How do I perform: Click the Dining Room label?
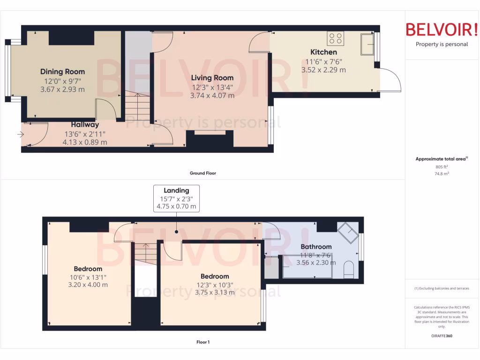point(62,72)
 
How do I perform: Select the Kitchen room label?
point(323,52)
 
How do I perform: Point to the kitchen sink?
point(367,44)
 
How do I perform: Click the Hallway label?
point(85,125)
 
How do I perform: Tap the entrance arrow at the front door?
point(20,135)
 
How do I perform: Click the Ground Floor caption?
point(202,173)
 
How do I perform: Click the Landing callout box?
point(176,198)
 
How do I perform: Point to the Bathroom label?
point(316,247)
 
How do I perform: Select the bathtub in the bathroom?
point(300,267)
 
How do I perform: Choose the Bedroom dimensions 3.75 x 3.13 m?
point(215,292)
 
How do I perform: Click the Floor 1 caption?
point(202,342)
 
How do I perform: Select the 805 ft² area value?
point(441,166)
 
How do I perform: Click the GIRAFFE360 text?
point(441,336)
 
